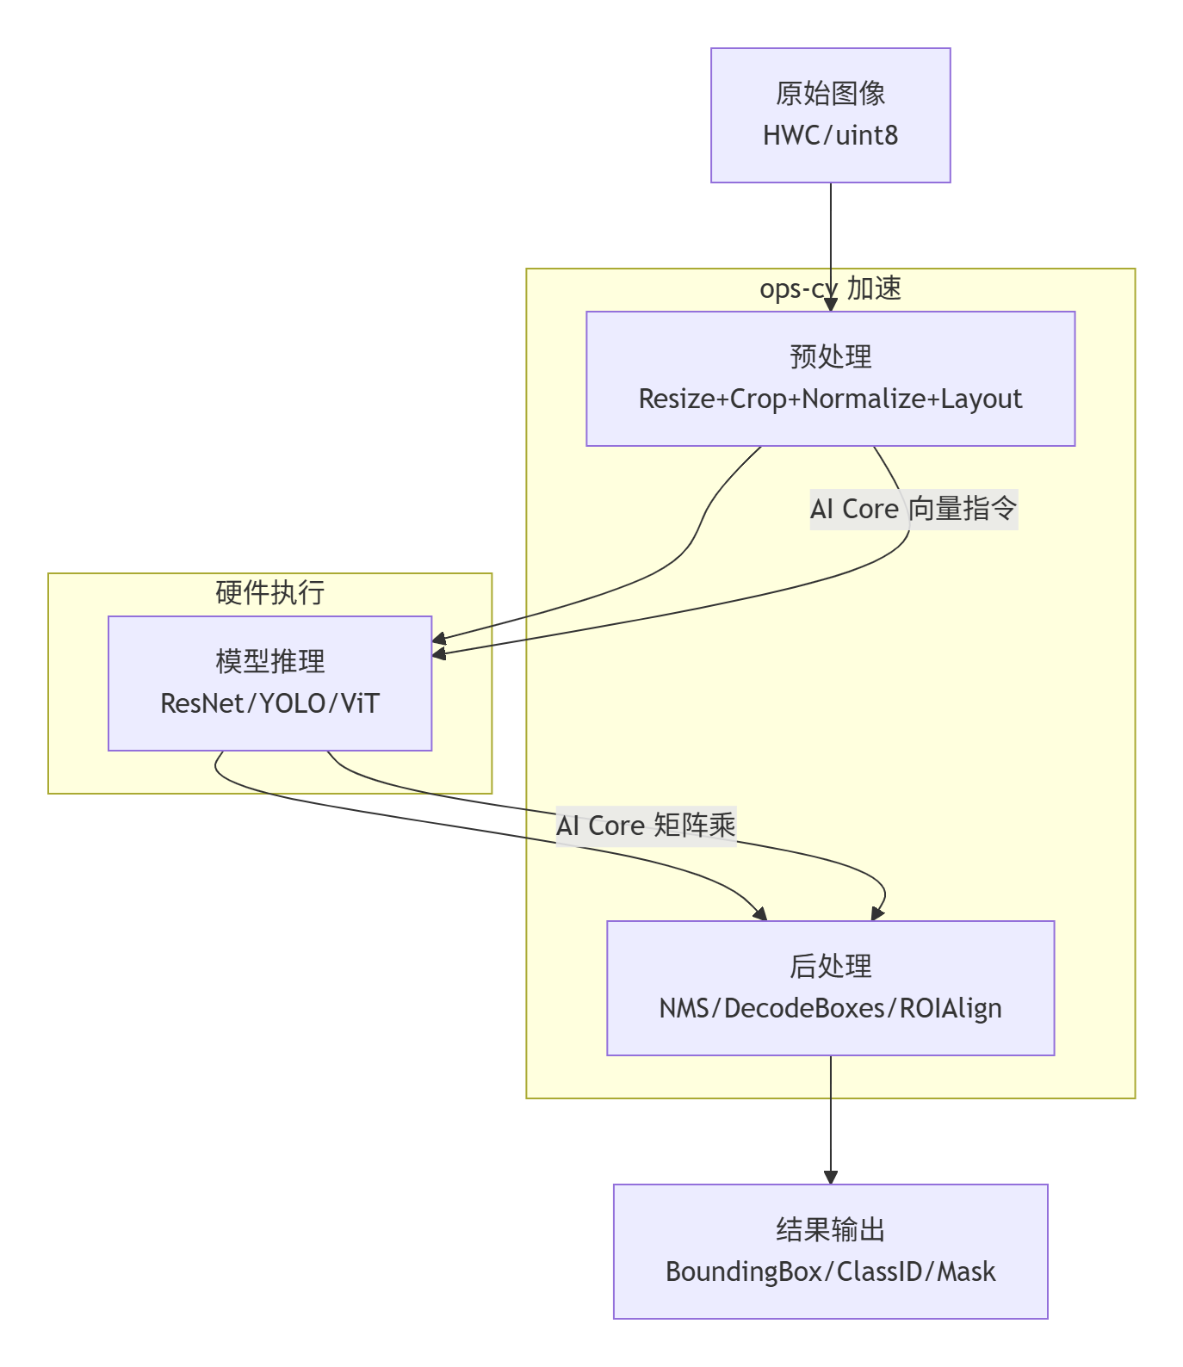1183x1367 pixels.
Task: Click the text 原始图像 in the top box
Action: (830, 94)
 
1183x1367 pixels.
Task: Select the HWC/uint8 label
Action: (830, 135)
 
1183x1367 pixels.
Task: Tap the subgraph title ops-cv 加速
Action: (830, 288)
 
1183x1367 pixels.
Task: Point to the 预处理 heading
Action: (830, 356)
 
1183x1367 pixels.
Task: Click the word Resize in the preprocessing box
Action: (677, 399)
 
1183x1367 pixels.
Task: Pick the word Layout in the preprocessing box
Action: (982, 399)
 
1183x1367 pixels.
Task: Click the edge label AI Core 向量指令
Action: (914, 509)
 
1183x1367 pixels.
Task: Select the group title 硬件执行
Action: (269, 593)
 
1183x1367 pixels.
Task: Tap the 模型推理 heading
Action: (269, 661)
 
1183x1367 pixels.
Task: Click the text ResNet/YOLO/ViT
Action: (269, 703)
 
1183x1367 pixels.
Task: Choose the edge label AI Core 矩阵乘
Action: (646, 826)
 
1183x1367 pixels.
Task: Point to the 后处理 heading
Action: (830, 966)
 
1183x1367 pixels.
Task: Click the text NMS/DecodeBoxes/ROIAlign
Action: (830, 1008)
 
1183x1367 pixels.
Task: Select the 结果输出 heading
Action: (830, 1229)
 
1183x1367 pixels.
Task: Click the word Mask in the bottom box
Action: (966, 1271)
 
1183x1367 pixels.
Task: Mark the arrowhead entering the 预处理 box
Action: (830, 305)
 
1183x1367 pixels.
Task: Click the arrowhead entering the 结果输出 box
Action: (830, 1178)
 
